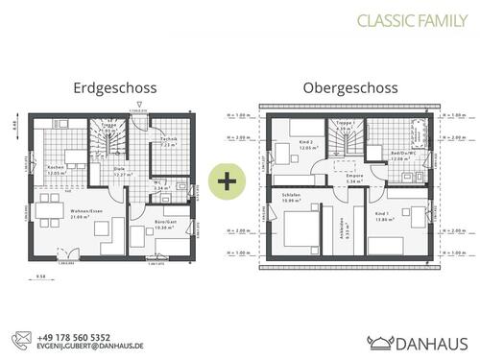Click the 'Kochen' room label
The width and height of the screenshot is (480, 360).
(x=56, y=168)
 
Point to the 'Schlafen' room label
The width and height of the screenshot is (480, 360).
(x=292, y=196)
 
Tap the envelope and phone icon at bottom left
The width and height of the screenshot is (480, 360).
(x=22, y=342)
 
